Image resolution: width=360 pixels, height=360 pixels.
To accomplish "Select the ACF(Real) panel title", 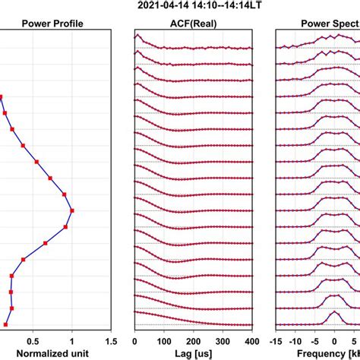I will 193,21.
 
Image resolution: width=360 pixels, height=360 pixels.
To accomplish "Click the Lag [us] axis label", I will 193,353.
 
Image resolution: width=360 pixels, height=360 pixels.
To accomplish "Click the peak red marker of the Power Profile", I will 72,210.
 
